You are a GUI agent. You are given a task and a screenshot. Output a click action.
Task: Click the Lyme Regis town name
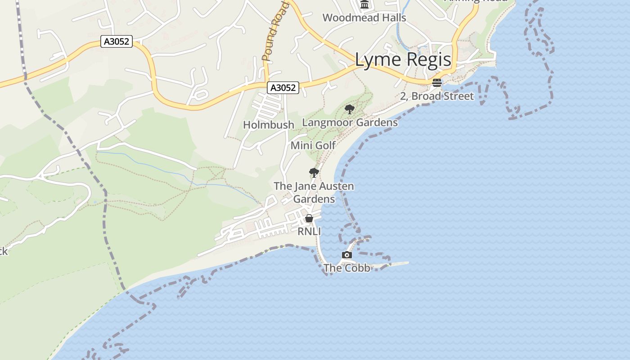click(403, 60)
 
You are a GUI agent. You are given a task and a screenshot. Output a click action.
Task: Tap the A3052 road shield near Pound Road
click(283, 88)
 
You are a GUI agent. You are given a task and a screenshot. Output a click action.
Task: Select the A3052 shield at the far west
click(117, 42)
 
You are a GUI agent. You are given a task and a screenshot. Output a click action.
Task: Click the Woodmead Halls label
click(364, 18)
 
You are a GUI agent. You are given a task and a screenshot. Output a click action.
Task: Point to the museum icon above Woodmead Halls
click(364, 4)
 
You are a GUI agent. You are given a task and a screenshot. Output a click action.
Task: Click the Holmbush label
click(269, 125)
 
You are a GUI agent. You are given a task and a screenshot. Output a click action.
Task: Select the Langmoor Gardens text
click(350, 122)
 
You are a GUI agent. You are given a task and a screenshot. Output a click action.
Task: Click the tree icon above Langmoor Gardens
click(349, 109)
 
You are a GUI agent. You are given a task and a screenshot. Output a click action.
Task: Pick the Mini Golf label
click(313, 145)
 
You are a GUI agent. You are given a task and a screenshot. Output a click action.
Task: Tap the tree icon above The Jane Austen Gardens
click(314, 173)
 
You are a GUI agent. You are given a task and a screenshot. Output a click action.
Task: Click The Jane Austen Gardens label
click(314, 192)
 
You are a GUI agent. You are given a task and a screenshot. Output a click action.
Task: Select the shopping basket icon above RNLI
click(309, 219)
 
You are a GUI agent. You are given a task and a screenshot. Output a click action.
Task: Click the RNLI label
click(309, 231)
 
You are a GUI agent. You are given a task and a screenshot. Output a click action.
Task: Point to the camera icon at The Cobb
click(346, 255)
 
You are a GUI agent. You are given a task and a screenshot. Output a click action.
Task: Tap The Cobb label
click(346, 268)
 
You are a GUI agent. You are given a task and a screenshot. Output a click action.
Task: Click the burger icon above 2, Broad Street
click(436, 83)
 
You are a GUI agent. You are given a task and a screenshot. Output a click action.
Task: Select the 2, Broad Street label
click(436, 96)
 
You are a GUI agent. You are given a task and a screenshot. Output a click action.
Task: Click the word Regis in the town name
click(427, 60)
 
